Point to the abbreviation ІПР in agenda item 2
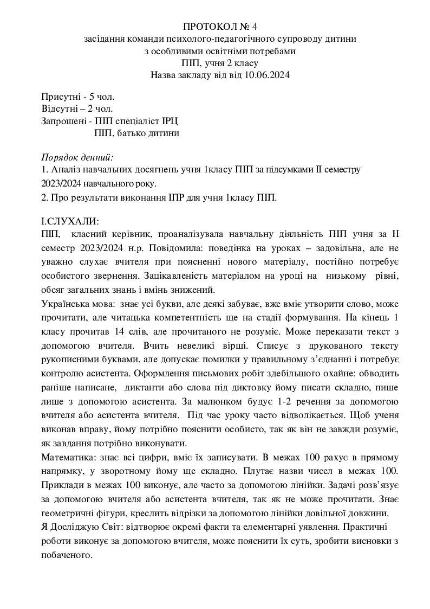pos(165,197)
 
